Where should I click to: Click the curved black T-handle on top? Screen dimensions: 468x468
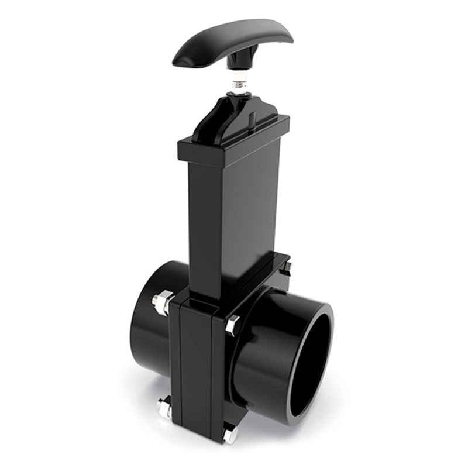pyautogui.click(x=234, y=41)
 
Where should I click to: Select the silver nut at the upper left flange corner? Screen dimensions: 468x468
pyautogui.click(x=162, y=302)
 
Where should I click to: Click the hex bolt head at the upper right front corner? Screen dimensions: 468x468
pyautogui.click(x=233, y=324)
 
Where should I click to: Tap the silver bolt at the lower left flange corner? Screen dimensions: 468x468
pyautogui.click(x=164, y=407)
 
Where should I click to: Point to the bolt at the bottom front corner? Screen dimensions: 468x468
pyautogui.click(x=230, y=435)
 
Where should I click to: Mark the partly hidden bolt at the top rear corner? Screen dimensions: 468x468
pyautogui.click(x=287, y=267)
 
